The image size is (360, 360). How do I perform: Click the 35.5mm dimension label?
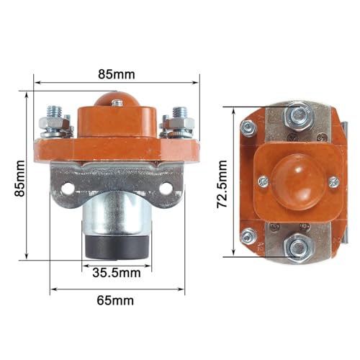[x=117, y=273]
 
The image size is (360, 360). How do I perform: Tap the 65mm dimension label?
[x=115, y=300]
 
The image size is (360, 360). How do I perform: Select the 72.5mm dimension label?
[x=222, y=184]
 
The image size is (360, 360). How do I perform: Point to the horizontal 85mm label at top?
[x=117, y=74]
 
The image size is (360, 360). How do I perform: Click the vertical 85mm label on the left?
[x=19, y=179]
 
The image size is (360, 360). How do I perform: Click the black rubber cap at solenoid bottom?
[x=117, y=247]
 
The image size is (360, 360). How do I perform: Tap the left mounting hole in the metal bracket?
[x=68, y=189]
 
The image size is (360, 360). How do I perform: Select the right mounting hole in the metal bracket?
[x=166, y=189]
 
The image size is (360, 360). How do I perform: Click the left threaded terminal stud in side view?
[x=55, y=112]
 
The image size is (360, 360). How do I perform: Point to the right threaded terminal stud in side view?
[x=180, y=113]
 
